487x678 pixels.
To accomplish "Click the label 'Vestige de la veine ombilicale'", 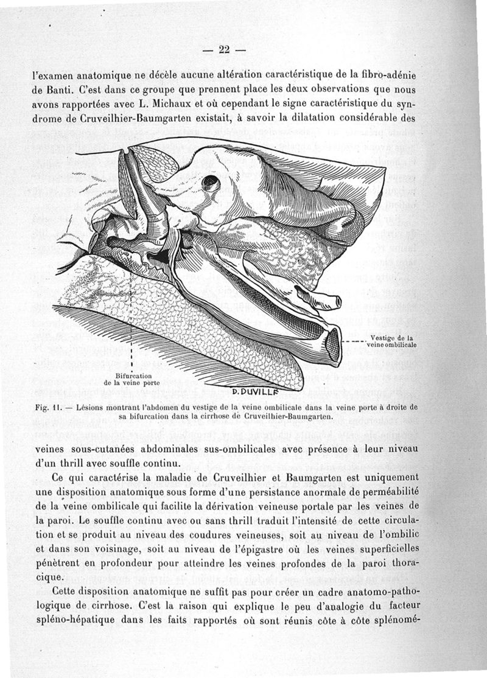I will click(393, 341).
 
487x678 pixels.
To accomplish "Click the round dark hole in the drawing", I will click(210, 181).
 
